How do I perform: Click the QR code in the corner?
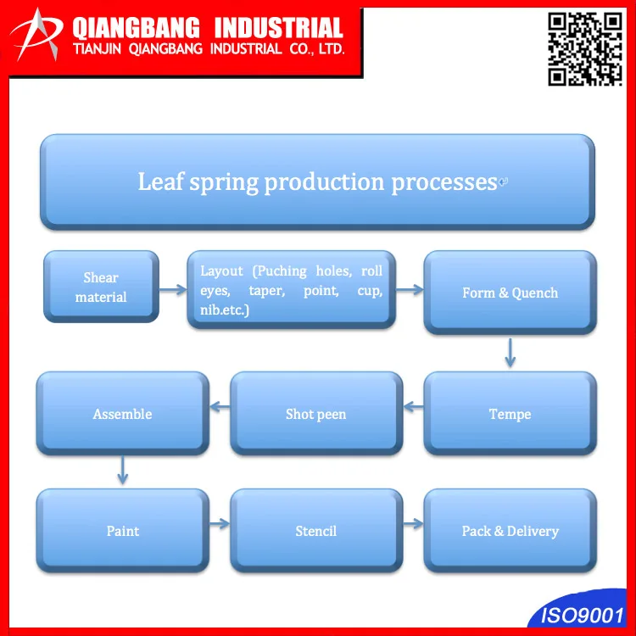click(584, 49)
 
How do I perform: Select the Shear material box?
click(101, 287)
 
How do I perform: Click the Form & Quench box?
click(510, 293)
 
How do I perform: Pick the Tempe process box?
click(510, 414)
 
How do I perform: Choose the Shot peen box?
click(315, 414)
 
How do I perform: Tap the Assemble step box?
click(122, 414)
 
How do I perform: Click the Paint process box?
click(122, 531)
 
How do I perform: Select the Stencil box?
click(315, 531)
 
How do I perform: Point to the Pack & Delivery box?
click(510, 531)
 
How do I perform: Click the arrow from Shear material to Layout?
click(173, 289)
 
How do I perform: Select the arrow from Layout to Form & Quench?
click(409, 289)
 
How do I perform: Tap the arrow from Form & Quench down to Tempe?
click(510, 352)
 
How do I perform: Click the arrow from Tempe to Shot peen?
click(413, 408)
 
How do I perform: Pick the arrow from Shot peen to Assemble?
click(220, 408)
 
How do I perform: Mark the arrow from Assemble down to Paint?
click(123, 470)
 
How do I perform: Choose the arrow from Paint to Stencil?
click(220, 523)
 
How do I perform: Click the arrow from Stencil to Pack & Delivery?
click(413, 523)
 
